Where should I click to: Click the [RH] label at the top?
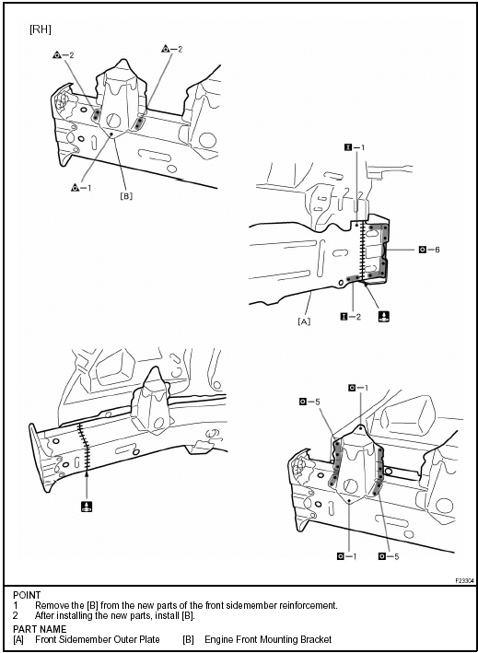click(40, 29)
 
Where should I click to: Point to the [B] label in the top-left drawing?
click(124, 195)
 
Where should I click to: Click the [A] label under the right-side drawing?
click(303, 321)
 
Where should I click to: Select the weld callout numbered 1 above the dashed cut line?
click(355, 146)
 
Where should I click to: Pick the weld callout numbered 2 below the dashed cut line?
click(355, 316)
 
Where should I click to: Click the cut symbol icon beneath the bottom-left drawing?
click(85, 507)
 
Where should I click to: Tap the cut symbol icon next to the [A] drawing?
click(383, 316)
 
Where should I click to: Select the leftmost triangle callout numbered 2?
click(64, 55)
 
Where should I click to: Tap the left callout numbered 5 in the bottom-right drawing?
click(309, 401)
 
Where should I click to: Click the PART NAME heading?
click(39, 629)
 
